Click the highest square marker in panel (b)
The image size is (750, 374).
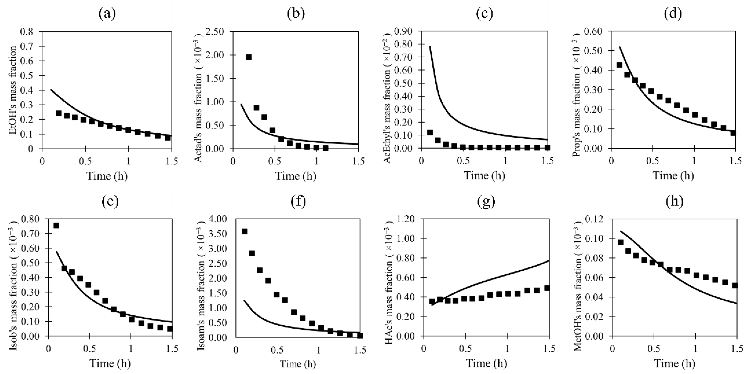(249, 57)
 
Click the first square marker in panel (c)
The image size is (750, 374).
(430, 133)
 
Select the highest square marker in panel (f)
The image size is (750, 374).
(245, 231)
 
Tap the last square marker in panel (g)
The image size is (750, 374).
(547, 288)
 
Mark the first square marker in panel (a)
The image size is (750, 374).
(58, 113)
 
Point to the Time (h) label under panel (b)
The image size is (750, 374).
(296, 176)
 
